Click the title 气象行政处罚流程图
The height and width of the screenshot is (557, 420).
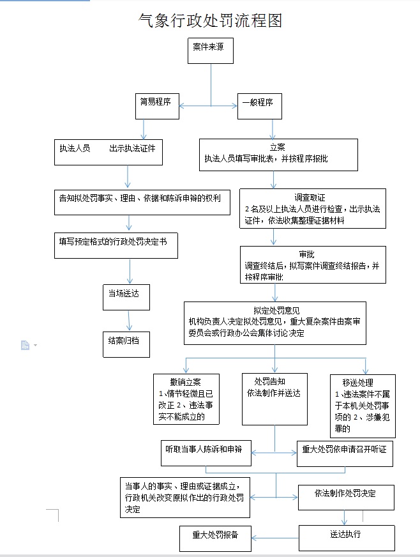210,20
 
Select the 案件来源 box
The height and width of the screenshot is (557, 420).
211,51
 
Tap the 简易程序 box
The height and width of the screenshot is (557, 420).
157,106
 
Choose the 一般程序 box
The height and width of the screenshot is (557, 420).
260,106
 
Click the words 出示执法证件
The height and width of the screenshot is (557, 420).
132,148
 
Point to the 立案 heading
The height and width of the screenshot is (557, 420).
277,147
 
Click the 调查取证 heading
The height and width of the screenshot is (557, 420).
310,197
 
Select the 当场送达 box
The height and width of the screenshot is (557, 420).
126,297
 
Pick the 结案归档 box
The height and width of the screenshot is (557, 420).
126,344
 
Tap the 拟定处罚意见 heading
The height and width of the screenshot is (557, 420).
276,310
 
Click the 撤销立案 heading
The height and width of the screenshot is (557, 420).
185,382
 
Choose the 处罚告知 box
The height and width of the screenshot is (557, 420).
275,399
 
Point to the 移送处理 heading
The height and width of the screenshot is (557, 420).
357,383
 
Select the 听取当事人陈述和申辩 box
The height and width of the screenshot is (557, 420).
206,454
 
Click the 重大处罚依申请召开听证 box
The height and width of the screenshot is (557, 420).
345,454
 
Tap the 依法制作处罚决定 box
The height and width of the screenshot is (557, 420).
346,498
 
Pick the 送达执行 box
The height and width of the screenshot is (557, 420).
347,538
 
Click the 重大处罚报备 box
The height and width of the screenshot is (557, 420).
216,538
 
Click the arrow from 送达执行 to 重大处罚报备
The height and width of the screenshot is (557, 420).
275,538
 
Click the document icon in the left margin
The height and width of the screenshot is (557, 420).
25,345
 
